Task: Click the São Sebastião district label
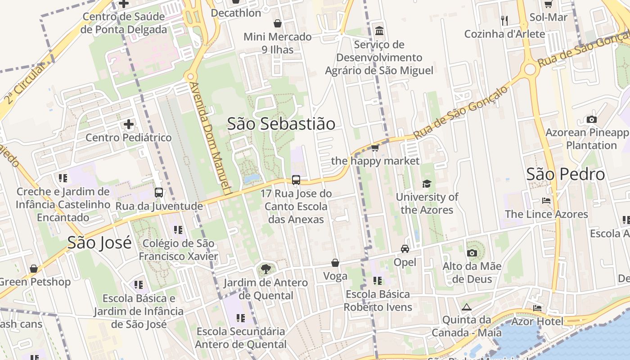pyautogui.click(x=281, y=124)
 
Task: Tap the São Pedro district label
pyautogui.click(x=566, y=174)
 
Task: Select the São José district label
pyautogui.click(x=99, y=243)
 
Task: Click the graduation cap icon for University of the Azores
pyautogui.click(x=427, y=184)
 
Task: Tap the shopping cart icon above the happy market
pyautogui.click(x=375, y=148)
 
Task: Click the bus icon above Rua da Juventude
pyautogui.click(x=159, y=193)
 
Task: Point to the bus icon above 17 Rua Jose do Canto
pyautogui.click(x=296, y=180)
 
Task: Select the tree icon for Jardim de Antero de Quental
pyautogui.click(x=266, y=269)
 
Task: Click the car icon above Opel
pyautogui.click(x=405, y=249)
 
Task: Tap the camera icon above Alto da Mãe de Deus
pyautogui.click(x=472, y=253)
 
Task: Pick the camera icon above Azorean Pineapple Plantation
pyautogui.click(x=592, y=119)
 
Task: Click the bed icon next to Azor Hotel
pyautogui.click(x=537, y=308)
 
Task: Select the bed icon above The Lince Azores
pyautogui.click(x=546, y=201)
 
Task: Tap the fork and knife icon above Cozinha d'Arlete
pyautogui.click(x=504, y=20)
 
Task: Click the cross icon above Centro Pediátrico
pyautogui.click(x=129, y=124)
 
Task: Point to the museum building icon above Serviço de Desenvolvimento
pyautogui.click(x=379, y=31)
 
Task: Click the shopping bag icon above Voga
pyautogui.click(x=335, y=263)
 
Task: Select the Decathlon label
pyautogui.click(x=236, y=13)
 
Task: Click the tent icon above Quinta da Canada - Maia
pyautogui.click(x=466, y=307)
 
